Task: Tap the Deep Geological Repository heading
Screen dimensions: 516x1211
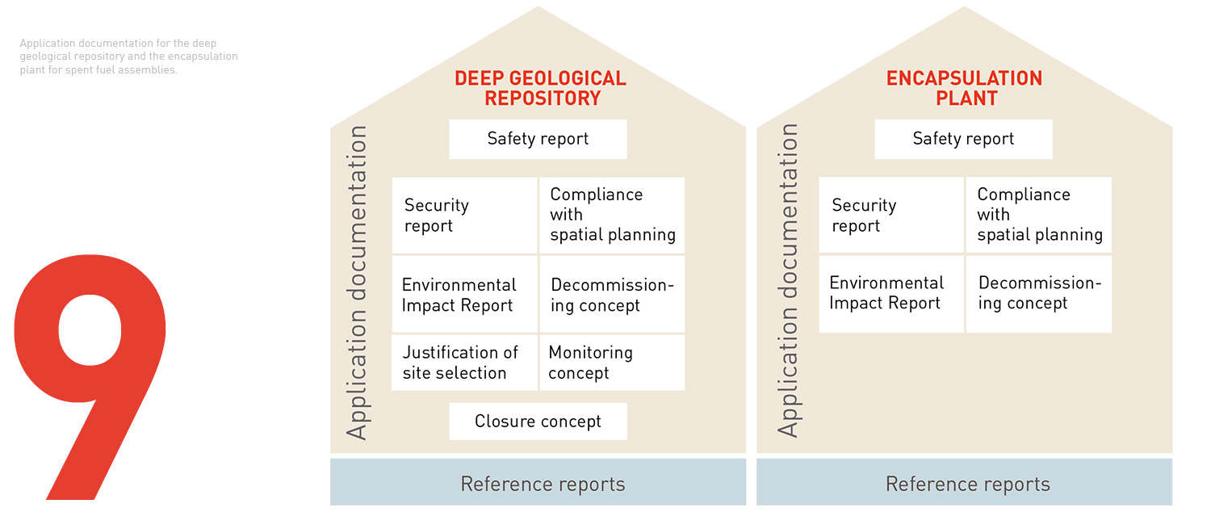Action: (540, 89)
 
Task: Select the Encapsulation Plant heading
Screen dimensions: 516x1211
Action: (964, 89)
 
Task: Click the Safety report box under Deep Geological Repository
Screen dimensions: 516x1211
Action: (538, 139)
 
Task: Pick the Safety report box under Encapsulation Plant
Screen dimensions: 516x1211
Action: (963, 139)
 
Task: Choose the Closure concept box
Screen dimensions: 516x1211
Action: (538, 422)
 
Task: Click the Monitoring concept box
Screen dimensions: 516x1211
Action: (612, 363)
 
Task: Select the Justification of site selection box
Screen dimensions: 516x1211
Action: (464, 363)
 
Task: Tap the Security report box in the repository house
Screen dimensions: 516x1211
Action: (464, 216)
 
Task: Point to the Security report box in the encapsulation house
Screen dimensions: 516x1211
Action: (891, 216)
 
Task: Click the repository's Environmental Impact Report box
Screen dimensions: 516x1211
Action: (464, 295)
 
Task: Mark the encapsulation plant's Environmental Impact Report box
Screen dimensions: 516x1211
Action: (891, 293)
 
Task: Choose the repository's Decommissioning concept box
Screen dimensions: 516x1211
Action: (612, 295)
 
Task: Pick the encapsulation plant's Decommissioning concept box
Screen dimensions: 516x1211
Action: (1039, 293)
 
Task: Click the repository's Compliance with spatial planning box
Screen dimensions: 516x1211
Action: (612, 216)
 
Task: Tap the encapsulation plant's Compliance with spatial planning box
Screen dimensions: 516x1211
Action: (1039, 216)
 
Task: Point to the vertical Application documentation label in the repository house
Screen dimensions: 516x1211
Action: (357, 283)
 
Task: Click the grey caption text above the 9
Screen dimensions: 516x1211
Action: (129, 57)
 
